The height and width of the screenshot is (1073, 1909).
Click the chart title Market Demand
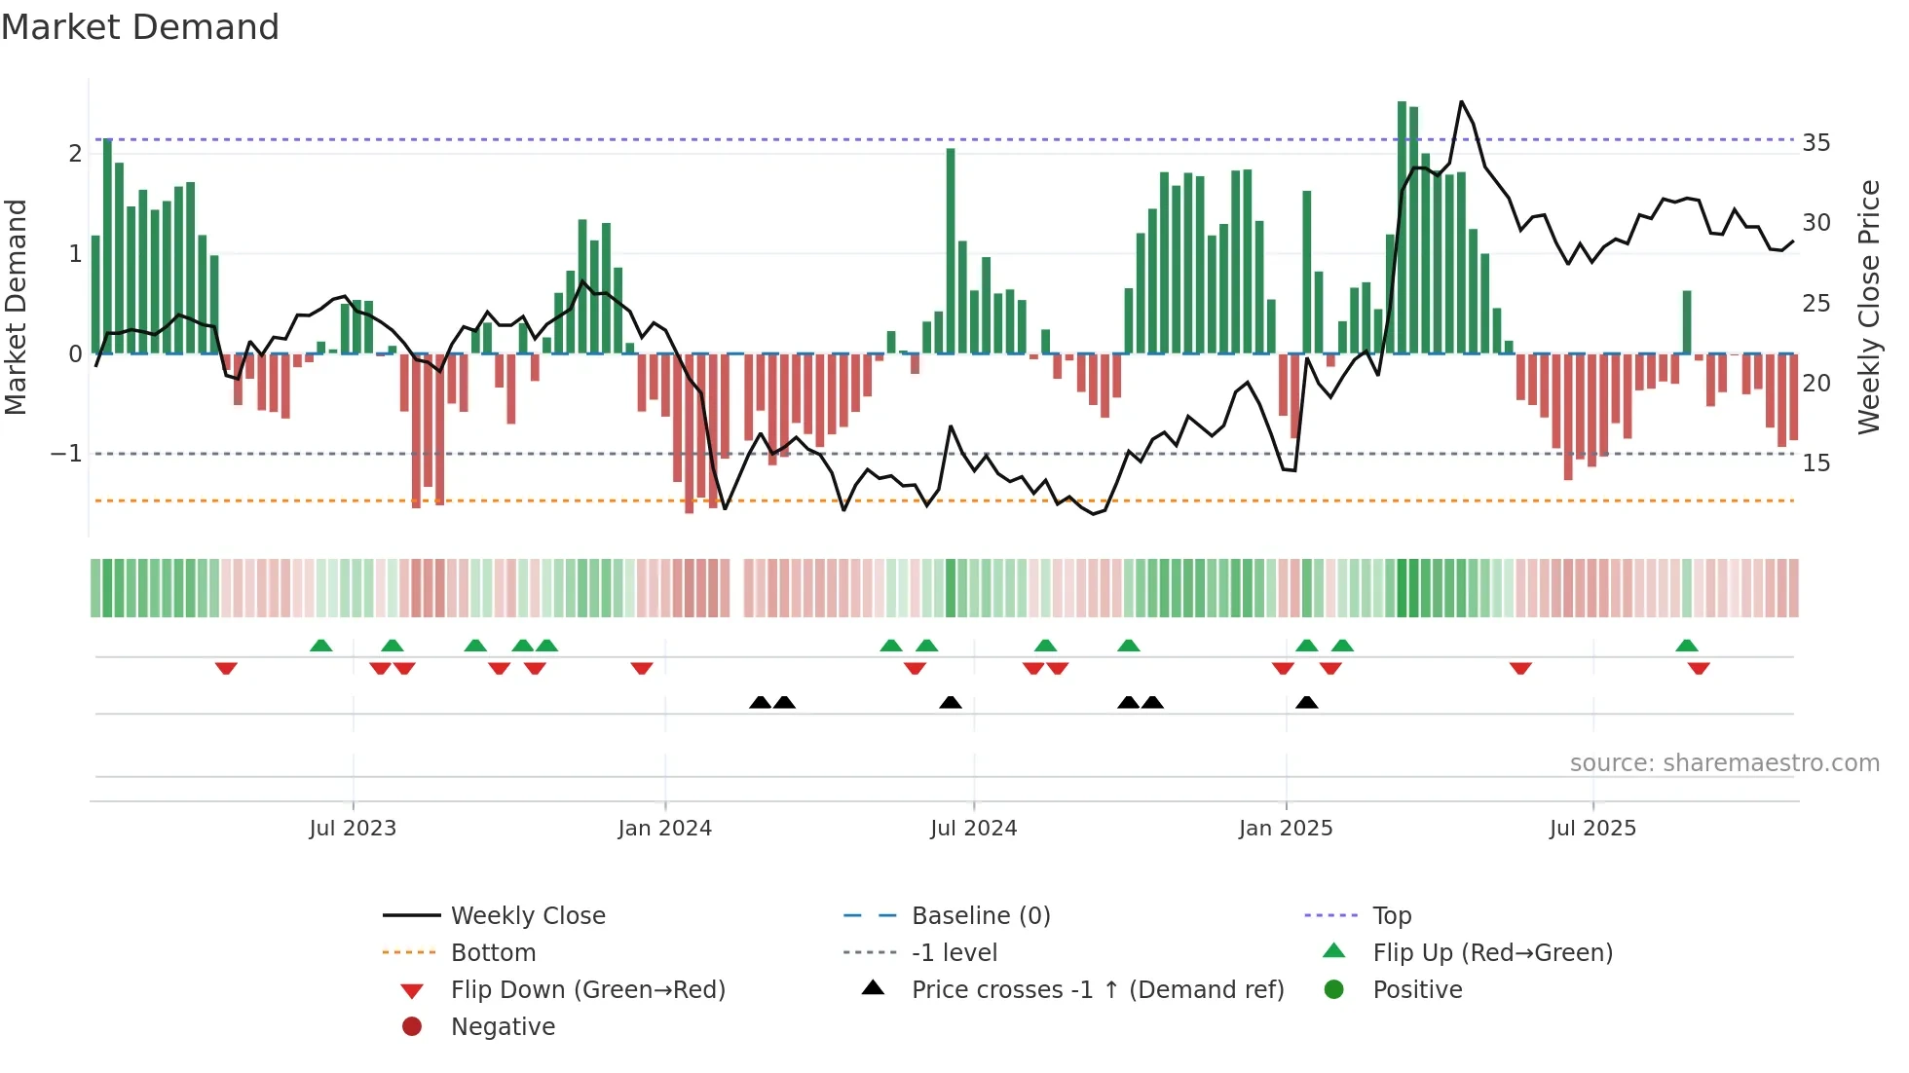coord(140,27)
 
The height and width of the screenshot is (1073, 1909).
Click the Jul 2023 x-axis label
coord(353,829)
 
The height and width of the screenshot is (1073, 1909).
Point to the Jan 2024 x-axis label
coord(664,829)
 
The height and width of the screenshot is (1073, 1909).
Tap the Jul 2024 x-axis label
coord(973,829)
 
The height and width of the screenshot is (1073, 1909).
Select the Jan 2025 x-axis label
coord(1286,829)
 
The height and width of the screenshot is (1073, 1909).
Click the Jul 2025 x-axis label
coord(1592,829)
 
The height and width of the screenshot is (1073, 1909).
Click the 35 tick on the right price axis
coord(1815,143)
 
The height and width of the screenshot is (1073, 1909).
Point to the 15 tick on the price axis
coord(1815,463)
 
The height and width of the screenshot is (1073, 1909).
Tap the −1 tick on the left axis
coord(65,454)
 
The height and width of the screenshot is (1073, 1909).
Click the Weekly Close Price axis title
coord(1868,307)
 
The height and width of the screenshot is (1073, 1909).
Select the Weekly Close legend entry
coord(527,916)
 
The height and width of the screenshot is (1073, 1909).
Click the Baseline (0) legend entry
coord(980,916)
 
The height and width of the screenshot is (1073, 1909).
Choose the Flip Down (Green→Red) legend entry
coord(587,990)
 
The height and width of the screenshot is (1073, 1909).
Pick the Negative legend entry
coord(503,1027)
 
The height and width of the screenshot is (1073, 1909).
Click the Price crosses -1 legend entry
coord(1097,990)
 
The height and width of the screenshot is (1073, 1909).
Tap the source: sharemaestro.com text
coord(1724,763)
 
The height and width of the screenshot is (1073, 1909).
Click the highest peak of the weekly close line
coord(1461,102)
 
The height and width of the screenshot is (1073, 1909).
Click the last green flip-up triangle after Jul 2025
coord(1687,646)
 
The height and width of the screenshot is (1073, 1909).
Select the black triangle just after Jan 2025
coord(1307,703)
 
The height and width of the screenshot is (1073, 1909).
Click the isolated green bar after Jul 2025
coord(1687,321)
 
